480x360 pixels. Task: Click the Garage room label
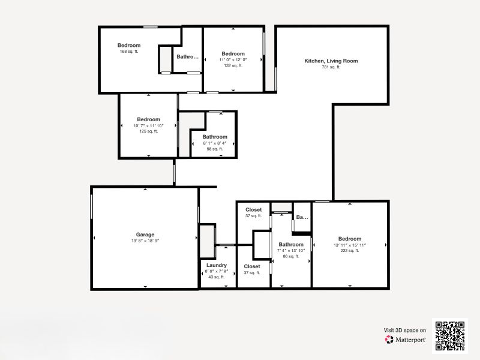click(x=145, y=235)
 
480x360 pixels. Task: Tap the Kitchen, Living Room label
click(x=331, y=61)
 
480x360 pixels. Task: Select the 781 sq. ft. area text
click(x=331, y=67)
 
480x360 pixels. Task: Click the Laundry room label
click(x=216, y=265)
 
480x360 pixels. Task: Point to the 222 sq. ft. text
click(x=349, y=251)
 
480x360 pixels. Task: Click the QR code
click(x=450, y=335)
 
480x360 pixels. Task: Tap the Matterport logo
click(x=406, y=339)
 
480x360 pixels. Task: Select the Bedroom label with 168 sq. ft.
click(x=129, y=46)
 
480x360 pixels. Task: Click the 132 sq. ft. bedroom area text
click(x=233, y=66)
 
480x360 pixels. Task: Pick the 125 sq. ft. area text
click(x=148, y=131)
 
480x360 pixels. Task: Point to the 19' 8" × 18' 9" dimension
click(x=145, y=241)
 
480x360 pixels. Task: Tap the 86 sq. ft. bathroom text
click(x=291, y=256)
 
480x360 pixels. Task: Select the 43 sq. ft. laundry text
click(x=216, y=277)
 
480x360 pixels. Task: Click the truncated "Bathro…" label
click(x=187, y=57)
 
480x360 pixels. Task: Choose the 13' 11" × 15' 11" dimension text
click(x=349, y=245)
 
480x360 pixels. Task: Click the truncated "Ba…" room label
click(x=302, y=217)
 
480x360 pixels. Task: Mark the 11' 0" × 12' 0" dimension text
click(x=233, y=60)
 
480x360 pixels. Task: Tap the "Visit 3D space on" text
click(x=405, y=330)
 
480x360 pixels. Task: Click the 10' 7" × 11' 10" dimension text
click(x=148, y=125)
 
